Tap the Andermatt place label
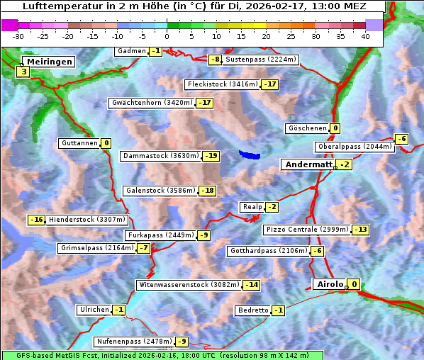point(308,164)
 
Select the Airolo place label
point(330,284)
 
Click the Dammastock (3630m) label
point(161,156)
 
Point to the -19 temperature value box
point(211,156)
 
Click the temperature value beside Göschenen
point(335,128)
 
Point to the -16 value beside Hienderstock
point(37,220)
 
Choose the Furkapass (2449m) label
point(160,235)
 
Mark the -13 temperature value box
point(361,230)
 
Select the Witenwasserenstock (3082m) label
point(189,285)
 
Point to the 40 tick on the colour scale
point(365,36)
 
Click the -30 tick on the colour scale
point(18,36)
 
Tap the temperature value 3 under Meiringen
point(23,72)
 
